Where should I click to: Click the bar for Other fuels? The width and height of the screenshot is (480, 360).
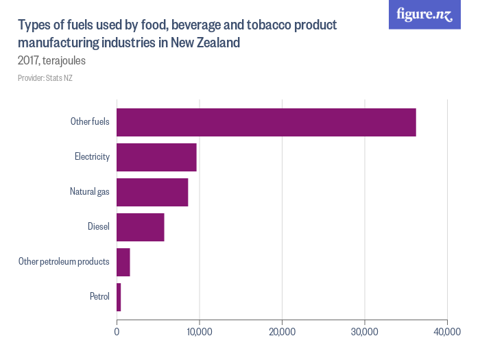point(266,122)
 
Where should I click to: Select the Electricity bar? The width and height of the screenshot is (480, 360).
point(156,157)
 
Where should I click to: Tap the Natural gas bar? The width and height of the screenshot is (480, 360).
point(152,192)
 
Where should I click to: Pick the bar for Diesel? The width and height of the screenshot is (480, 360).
point(141,227)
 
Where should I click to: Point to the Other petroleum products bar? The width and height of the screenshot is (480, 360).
point(123,262)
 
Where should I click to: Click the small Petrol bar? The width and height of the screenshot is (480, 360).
point(119,297)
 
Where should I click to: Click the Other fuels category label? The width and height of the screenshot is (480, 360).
point(90,122)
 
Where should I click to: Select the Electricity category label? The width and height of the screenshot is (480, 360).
point(92,157)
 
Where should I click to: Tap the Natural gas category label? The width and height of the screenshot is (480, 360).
point(90,192)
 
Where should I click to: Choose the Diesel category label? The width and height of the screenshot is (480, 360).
point(99,227)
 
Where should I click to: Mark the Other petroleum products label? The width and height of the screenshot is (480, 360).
point(64,262)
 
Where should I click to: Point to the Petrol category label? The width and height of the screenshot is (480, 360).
point(99,297)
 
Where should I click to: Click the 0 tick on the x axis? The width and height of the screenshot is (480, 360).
point(117,332)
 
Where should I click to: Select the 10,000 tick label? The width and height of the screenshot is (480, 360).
point(199,332)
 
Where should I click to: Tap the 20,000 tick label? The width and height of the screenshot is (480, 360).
point(282,332)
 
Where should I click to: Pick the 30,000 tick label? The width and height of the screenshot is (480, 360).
point(364,332)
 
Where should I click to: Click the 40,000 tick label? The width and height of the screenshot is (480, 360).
point(447,332)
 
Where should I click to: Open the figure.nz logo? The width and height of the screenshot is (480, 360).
point(424,14)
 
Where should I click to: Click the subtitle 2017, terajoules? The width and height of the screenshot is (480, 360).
point(51,60)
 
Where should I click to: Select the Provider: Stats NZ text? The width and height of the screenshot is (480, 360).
point(45,78)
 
